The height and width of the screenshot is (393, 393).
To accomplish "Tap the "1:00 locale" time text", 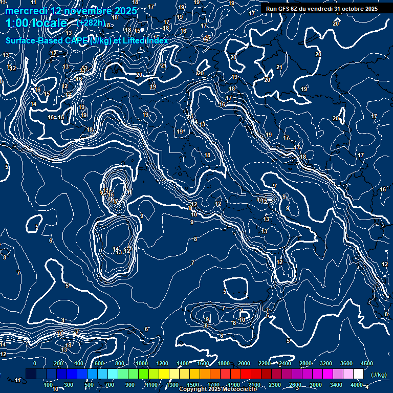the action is [x=36, y=23].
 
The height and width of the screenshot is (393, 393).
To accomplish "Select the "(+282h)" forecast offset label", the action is [x=91, y=23].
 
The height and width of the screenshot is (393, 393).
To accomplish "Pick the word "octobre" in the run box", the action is [x=350, y=9].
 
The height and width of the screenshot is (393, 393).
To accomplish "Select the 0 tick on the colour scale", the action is [x=35, y=363].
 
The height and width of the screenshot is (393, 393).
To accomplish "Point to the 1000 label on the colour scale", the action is [x=142, y=363].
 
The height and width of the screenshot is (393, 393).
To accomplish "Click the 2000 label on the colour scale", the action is [x=244, y=363].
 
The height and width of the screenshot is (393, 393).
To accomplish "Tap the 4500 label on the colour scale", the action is [x=367, y=363].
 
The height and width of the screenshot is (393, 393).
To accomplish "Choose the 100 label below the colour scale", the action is [x=48, y=385].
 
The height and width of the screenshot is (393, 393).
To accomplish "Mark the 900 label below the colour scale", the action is [x=130, y=385].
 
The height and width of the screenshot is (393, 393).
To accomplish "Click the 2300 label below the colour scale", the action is [x=275, y=385].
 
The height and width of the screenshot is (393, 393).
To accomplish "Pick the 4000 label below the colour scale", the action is [x=357, y=385].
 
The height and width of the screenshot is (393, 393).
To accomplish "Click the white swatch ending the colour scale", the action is [x=358, y=374].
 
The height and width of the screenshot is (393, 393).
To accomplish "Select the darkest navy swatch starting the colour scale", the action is [x=31, y=374].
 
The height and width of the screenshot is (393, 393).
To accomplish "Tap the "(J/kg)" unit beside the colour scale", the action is [x=379, y=375].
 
